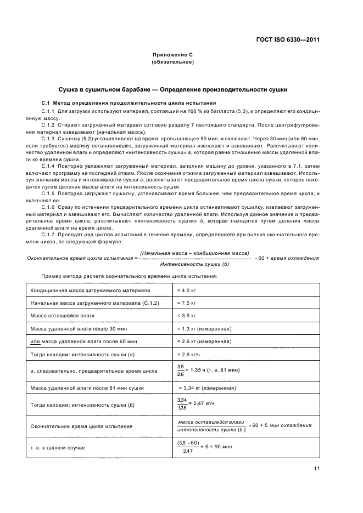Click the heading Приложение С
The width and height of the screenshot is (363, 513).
pos(172,55)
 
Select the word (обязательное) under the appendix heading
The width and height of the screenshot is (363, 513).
pos(172,62)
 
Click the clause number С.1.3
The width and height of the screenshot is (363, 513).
pos(50,139)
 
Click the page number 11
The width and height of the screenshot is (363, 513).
pos(317,468)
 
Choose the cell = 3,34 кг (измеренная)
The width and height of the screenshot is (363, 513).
pos(203,388)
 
